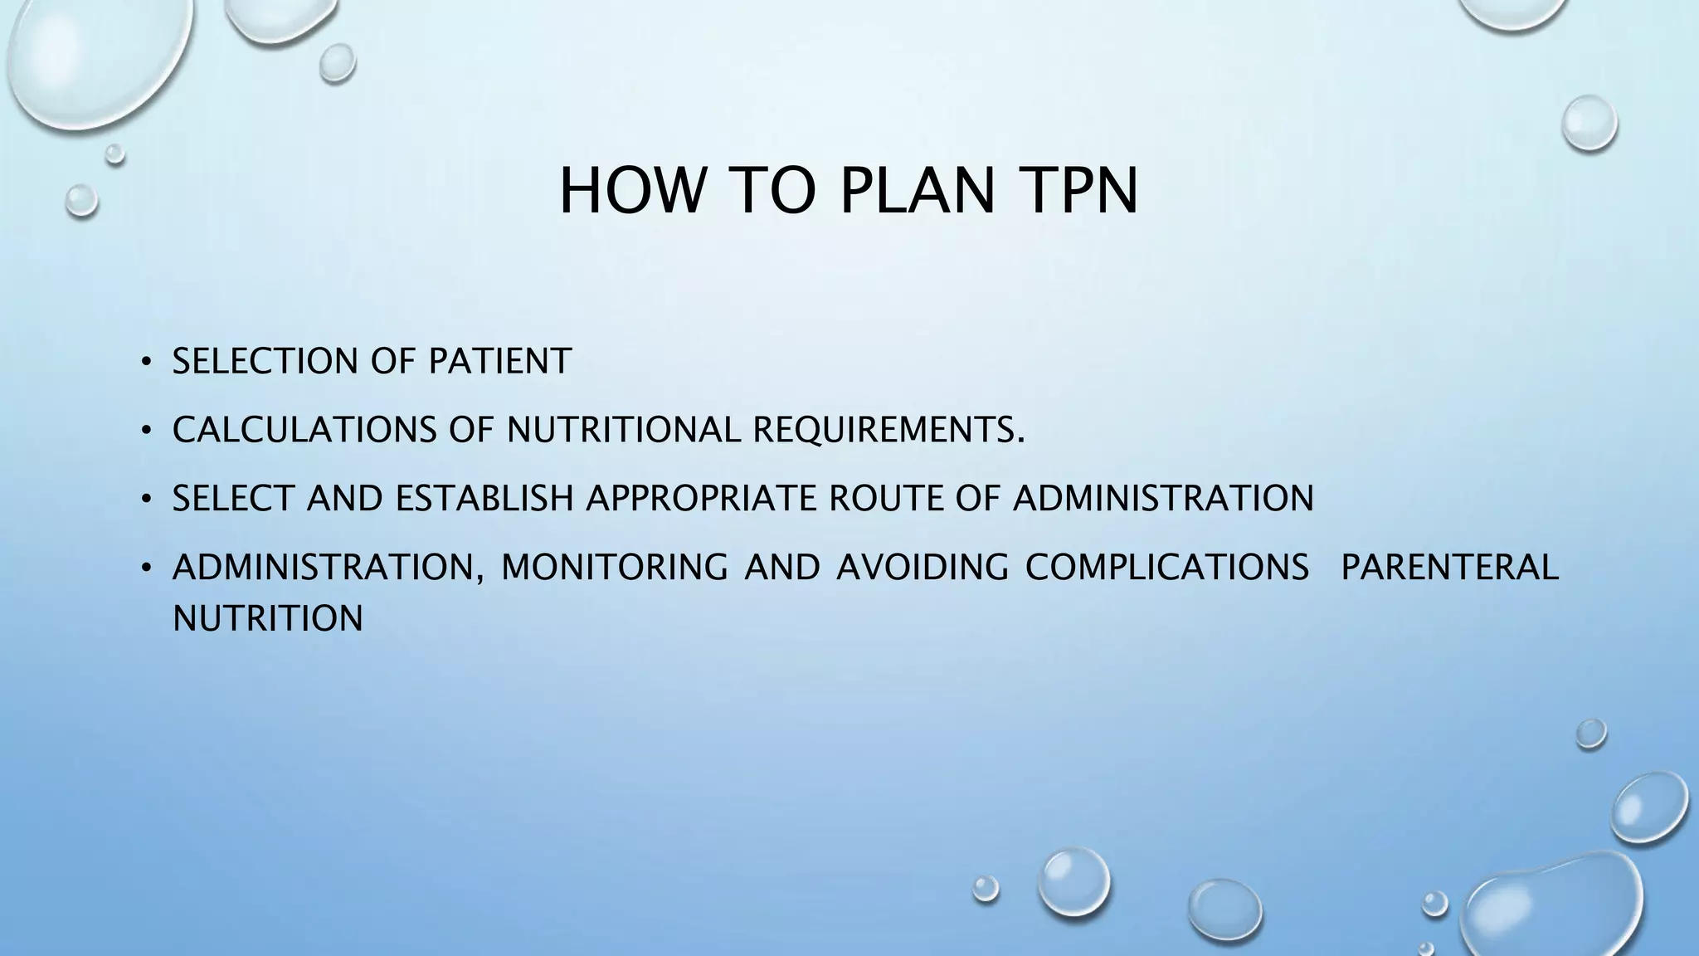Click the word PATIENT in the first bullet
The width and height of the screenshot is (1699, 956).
tap(499, 361)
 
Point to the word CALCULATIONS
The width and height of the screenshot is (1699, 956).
tap(304, 430)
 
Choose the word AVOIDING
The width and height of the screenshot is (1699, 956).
tap(922, 567)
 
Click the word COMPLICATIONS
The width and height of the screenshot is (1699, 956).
tap(1167, 567)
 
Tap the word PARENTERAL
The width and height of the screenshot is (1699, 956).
tap(1449, 567)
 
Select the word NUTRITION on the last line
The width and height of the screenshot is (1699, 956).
tap(268, 618)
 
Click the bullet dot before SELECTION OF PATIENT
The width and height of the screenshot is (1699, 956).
tap(146, 362)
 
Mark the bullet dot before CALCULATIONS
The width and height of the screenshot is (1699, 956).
tap(146, 431)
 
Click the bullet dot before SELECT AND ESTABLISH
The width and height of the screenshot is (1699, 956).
tap(146, 499)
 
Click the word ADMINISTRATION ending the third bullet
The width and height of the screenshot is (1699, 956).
tap(1163, 498)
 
